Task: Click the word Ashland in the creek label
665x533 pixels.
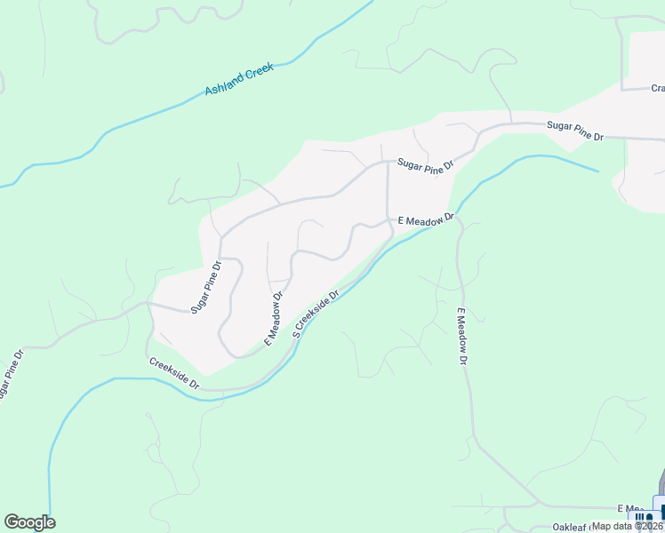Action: click(224, 86)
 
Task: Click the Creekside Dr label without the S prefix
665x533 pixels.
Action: click(174, 371)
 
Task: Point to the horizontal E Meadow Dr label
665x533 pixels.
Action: click(426, 218)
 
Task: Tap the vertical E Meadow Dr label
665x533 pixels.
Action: click(462, 337)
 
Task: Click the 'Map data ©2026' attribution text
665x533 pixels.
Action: click(628, 526)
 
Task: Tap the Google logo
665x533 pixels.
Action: click(29, 522)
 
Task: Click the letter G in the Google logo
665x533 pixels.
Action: click(12, 521)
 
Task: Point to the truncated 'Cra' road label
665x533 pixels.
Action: click(658, 88)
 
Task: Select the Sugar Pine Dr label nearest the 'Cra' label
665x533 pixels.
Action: click(575, 131)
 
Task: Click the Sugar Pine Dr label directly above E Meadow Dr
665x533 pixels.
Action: click(426, 164)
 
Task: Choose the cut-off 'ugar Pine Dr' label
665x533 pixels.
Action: click(10, 374)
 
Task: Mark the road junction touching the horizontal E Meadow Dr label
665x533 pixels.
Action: click(388, 219)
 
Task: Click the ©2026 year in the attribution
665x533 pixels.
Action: click(648, 526)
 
